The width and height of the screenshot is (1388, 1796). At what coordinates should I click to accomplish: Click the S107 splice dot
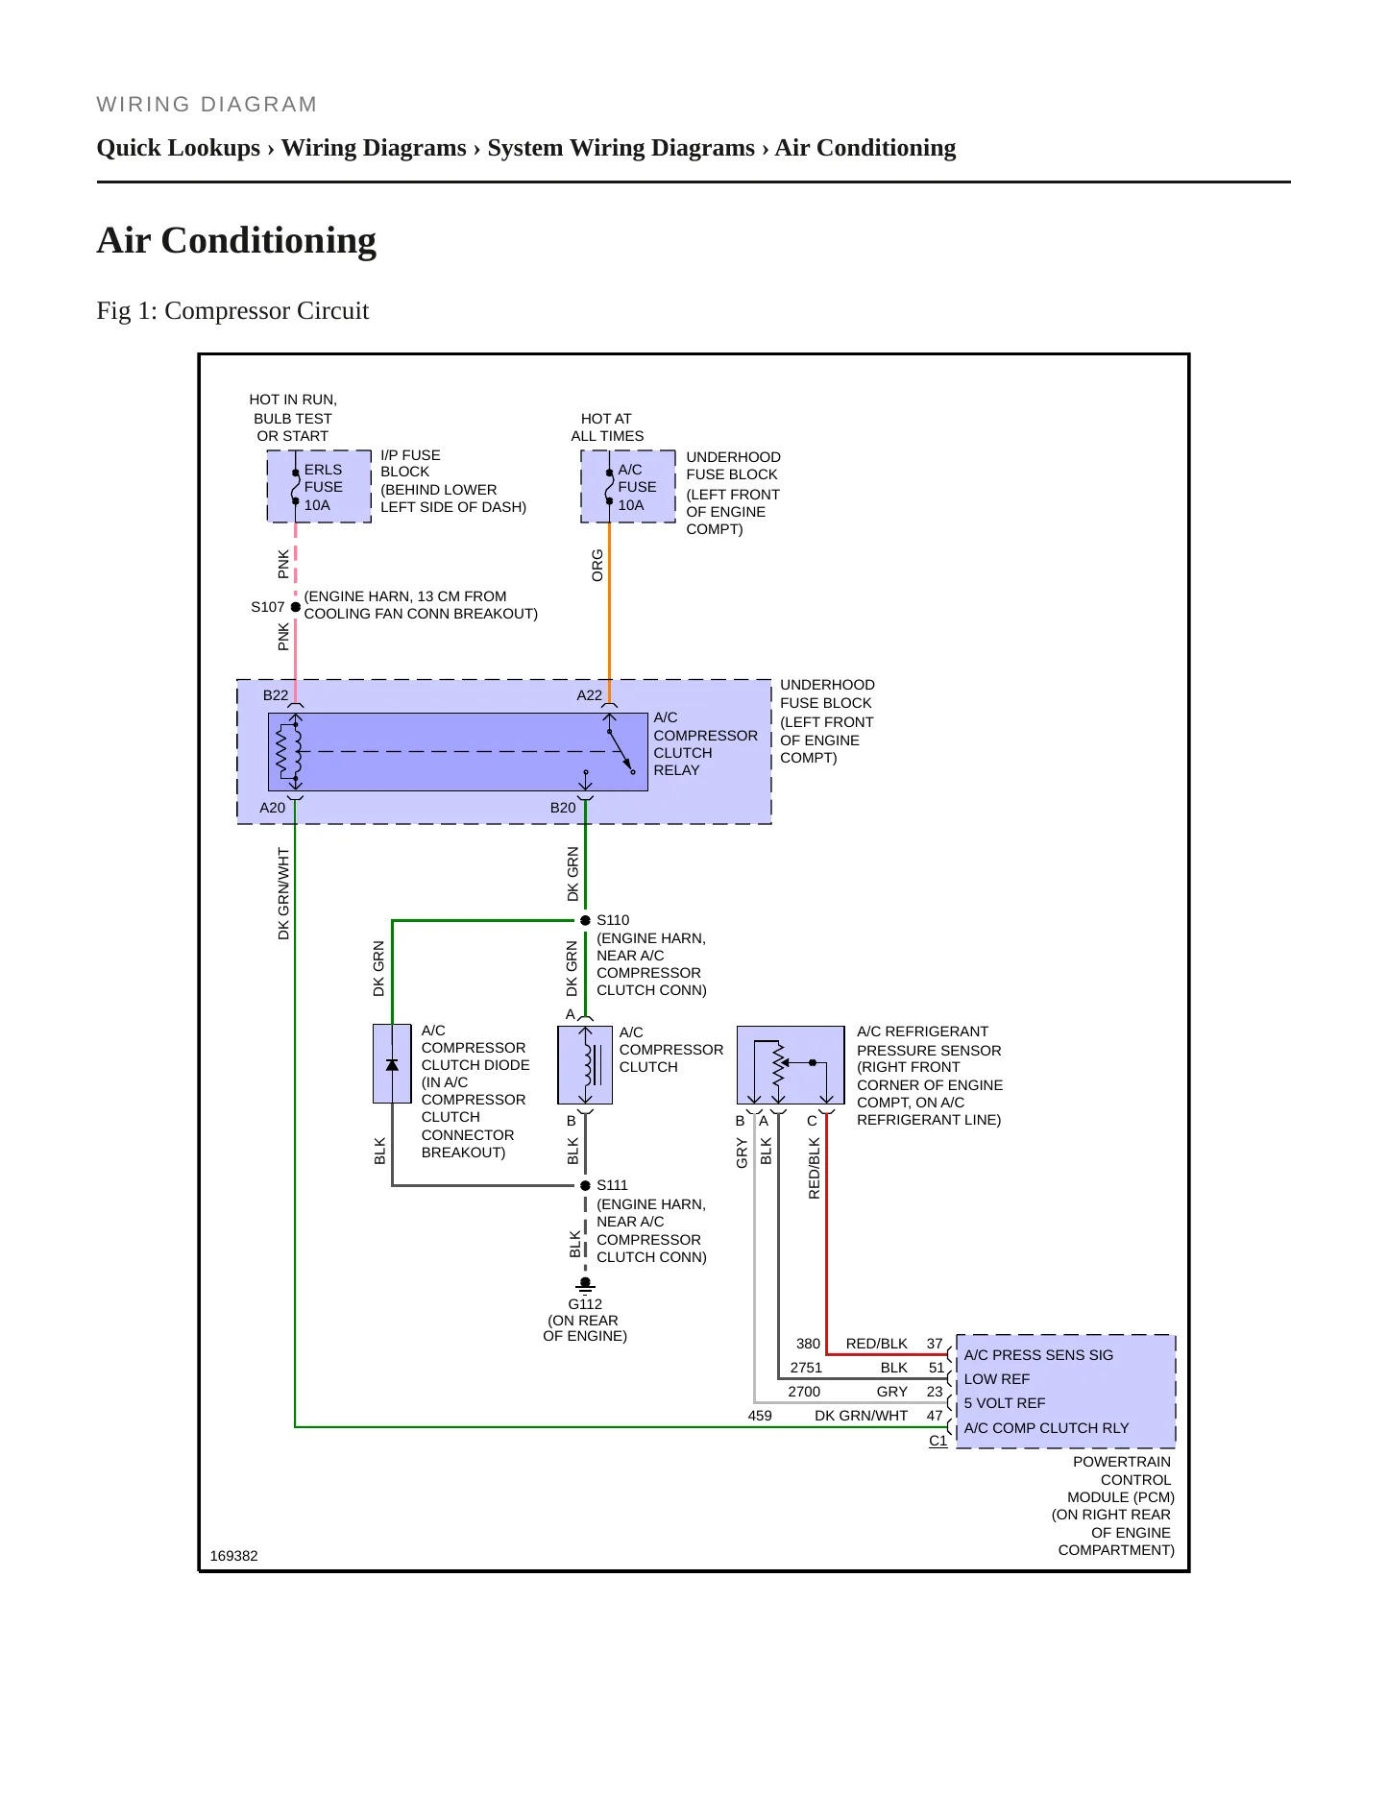(x=295, y=607)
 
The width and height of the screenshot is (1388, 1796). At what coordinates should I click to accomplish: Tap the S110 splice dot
(x=585, y=920)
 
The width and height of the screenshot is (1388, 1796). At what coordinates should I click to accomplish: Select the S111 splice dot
(x=585, y=1185)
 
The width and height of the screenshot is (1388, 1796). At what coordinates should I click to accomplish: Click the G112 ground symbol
(x=585, y=1284)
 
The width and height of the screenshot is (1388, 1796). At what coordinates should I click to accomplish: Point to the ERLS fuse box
(x=319, y=487)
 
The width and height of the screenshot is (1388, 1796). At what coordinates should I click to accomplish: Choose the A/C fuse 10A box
(x=628, y=487)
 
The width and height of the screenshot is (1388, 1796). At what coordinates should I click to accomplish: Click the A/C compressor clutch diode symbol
(x=392, y=1064)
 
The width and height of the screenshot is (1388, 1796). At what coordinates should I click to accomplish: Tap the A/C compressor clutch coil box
(x=585, y=1065)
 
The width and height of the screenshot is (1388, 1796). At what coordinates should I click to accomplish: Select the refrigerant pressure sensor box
(x=791, y=1065)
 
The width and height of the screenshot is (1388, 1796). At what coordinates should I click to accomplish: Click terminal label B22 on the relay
(x=276, y=695)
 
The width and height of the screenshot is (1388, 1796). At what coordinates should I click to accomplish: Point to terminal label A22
(x=590, y=695)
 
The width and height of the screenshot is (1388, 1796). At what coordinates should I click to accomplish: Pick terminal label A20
(x=273, y=808)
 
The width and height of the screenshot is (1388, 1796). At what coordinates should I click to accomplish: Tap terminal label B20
(x=563, y=808)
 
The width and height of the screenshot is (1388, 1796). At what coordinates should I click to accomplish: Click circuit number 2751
(x=806, y=1368)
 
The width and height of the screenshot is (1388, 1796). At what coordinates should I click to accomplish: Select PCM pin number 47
(x=935, y=1416)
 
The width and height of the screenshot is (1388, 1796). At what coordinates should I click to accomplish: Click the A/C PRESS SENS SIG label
(x=1038, y=1355)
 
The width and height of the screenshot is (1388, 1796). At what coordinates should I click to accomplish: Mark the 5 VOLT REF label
(x=1005, y=1403)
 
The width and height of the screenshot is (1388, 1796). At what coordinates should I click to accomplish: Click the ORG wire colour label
(x=597, y=566)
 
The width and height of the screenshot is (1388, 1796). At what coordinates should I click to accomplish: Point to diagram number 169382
(x=233, y=1556)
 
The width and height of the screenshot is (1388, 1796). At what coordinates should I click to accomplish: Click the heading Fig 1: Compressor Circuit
(x=232, y=311)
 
